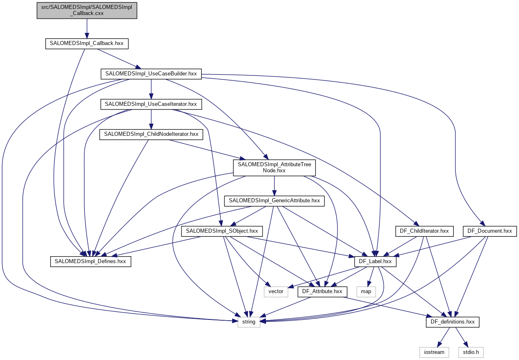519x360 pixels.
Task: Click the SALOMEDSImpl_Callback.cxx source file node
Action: tap(87, 10)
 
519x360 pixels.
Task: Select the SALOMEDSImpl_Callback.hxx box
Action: tap(86, 43)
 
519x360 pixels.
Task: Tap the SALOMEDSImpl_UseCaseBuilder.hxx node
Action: tap(151, 74)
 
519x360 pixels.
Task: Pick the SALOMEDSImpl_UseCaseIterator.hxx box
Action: tap(151, 104)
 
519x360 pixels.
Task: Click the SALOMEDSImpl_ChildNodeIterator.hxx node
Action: tap(151, 134)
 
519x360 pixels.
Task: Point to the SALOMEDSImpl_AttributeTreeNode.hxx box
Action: tap(274, 167)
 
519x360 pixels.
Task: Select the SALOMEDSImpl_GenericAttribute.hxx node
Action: tap(274, 201)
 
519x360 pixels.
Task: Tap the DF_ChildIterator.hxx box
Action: tap(422, 231)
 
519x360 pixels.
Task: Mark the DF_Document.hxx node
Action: tap(489, 231)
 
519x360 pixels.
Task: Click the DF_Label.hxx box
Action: tap(375, 261)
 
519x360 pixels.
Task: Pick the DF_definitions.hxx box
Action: tap(453, 322)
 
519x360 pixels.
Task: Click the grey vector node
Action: tap(276, 291)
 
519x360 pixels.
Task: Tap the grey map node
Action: tap(366, 291)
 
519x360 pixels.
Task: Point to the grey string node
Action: tap(248, 322)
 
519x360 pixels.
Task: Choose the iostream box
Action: tap(434, 352)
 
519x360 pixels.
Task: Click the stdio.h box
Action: tap(471, 352)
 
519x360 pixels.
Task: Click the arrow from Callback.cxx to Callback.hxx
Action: tap(87, 28)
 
